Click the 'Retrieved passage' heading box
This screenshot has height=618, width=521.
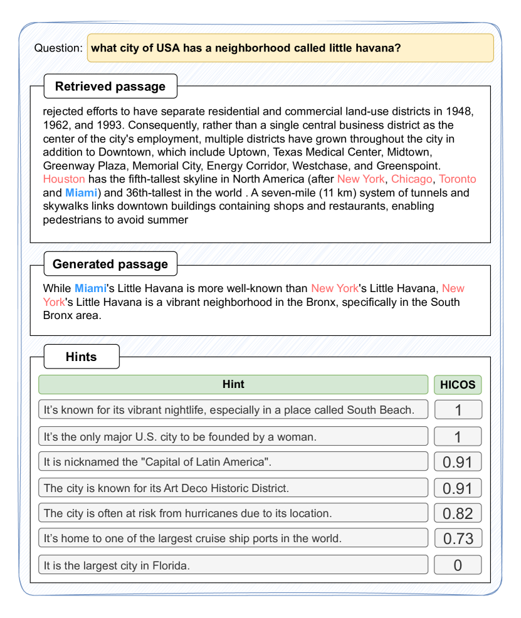pos(110,86)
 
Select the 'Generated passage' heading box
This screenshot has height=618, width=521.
pos(110,264)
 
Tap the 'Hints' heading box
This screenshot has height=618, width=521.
pos(81,357)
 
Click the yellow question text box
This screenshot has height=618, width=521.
pos(290,48)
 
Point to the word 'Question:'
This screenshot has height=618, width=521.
pos(58,48)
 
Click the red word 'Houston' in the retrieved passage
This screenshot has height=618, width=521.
pos(64,179)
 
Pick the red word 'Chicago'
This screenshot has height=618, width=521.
pos(411,179)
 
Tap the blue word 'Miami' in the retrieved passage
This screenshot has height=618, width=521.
pos(81,192)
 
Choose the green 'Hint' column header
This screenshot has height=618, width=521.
pos(233,384)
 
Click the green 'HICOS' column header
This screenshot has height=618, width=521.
pos(458,384)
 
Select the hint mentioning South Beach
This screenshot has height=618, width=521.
pos(233,410)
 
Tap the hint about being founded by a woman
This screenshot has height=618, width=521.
pos(233,436)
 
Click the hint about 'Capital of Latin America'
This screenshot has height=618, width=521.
pos(233,462)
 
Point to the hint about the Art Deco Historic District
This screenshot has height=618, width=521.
pos(233,488)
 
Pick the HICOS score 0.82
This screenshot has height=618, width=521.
pos(458,513)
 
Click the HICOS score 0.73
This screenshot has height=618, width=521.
pos(458,538)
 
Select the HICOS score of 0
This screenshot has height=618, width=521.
pos(458,565)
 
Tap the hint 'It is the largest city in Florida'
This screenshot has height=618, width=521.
pos(233,565)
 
